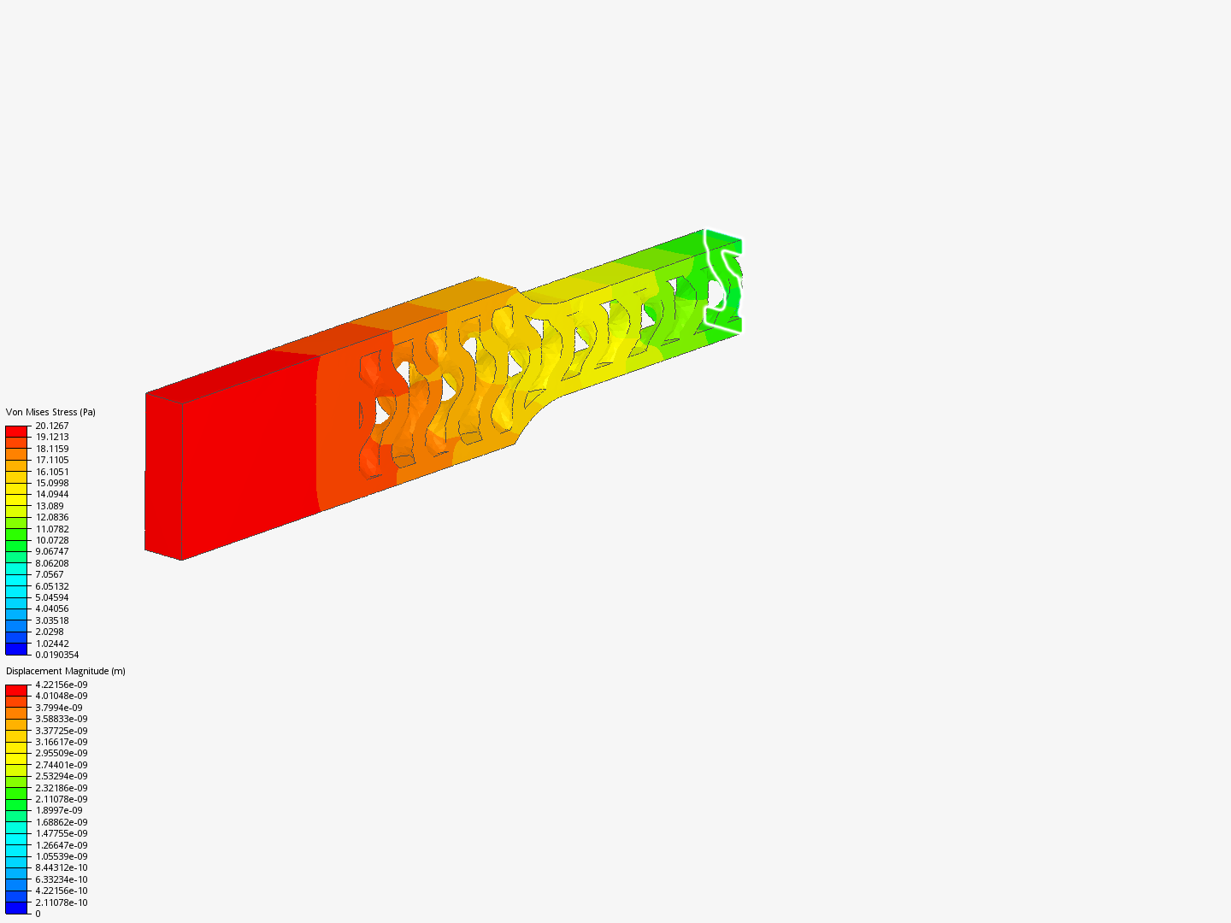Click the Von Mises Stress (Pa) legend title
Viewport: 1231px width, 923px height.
[50, 412]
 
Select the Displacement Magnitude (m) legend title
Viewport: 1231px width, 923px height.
[66, 671]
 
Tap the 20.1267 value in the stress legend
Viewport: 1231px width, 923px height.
[51, 426]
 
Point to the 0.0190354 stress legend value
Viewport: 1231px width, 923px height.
[56, 655]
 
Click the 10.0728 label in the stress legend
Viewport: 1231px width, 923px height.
[51, 540]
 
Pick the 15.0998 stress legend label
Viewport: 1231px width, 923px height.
[51, 483]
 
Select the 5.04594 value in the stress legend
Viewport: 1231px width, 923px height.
[51, 597]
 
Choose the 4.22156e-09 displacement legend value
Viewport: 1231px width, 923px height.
[61, 685]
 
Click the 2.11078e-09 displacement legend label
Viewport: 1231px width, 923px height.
[61, 799]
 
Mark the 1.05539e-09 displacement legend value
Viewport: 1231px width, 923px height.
[61, 856]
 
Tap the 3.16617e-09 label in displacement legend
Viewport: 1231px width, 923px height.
[61, 742]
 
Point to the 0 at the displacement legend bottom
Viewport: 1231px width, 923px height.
[38, 914]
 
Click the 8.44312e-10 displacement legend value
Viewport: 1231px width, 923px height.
[61, 867]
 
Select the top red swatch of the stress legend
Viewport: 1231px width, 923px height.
[16, 431]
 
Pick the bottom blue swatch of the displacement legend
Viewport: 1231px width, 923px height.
[16, 908]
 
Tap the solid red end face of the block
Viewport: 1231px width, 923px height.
[163, 475]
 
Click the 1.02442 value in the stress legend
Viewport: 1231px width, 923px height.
[51, 644]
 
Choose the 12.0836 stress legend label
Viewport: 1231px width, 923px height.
[51, 517]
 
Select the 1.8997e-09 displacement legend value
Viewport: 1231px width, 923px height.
[59, 810]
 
